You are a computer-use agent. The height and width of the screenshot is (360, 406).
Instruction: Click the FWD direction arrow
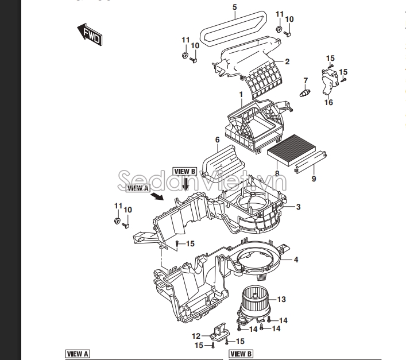point(90,34)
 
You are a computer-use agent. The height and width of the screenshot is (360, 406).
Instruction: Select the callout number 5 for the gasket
point(235,7)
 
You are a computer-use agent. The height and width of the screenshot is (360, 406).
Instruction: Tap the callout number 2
point(287,61)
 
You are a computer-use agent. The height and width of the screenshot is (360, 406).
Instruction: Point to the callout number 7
point(306,81)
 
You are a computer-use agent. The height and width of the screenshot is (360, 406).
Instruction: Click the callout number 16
point(328,102)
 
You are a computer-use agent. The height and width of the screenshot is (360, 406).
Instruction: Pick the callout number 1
point(241,95)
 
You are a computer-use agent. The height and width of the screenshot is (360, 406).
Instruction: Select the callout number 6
point(217,140)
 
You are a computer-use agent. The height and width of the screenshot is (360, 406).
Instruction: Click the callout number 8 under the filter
point(277,173)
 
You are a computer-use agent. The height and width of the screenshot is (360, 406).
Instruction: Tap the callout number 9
point(314,179)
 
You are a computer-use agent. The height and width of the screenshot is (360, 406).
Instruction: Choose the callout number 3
point(298,207)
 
